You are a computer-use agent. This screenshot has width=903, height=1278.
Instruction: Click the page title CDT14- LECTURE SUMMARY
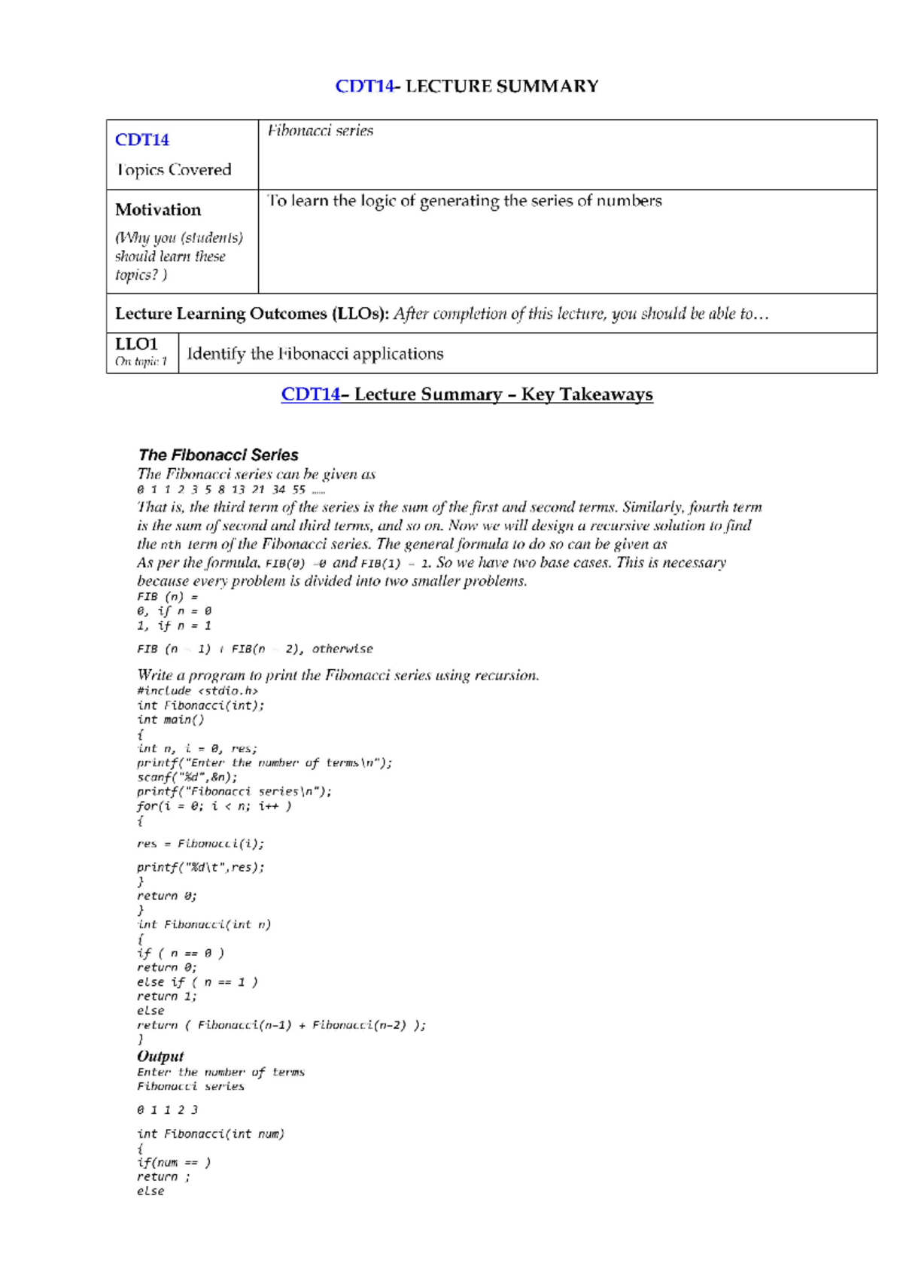(467, 86)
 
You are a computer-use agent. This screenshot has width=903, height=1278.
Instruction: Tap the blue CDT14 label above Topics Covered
(141, 139)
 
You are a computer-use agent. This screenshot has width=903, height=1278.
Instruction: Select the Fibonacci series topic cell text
(320, 130)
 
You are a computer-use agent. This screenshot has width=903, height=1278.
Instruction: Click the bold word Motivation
(158, 209)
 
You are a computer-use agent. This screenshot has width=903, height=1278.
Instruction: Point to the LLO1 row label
(137, 344)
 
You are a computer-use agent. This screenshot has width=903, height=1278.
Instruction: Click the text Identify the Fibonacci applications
(315, 354)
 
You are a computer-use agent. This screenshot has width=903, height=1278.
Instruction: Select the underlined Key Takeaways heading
(467, 394)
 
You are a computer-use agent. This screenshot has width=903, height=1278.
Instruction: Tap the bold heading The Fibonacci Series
(218, 455)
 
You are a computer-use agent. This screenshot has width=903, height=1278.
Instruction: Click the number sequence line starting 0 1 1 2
(230, 489)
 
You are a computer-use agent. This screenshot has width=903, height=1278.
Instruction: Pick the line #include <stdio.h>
(197, 690)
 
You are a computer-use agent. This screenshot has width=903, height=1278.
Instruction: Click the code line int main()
(170, 720)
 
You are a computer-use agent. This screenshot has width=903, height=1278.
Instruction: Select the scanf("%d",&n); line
(187, 777)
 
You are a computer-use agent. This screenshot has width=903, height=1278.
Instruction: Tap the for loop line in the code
(214, 806)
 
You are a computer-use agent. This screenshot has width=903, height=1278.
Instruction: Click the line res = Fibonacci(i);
(200, 844)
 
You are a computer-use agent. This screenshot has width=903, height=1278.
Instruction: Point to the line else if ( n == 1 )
(197, 982)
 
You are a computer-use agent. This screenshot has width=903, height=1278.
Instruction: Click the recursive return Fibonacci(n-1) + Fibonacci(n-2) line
(281, 1025)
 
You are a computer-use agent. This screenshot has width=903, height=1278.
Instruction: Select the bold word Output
(160, 1056)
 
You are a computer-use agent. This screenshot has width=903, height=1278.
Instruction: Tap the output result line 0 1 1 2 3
(167, 1109)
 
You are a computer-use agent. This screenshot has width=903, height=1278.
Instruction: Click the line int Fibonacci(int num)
(211, 1133)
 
